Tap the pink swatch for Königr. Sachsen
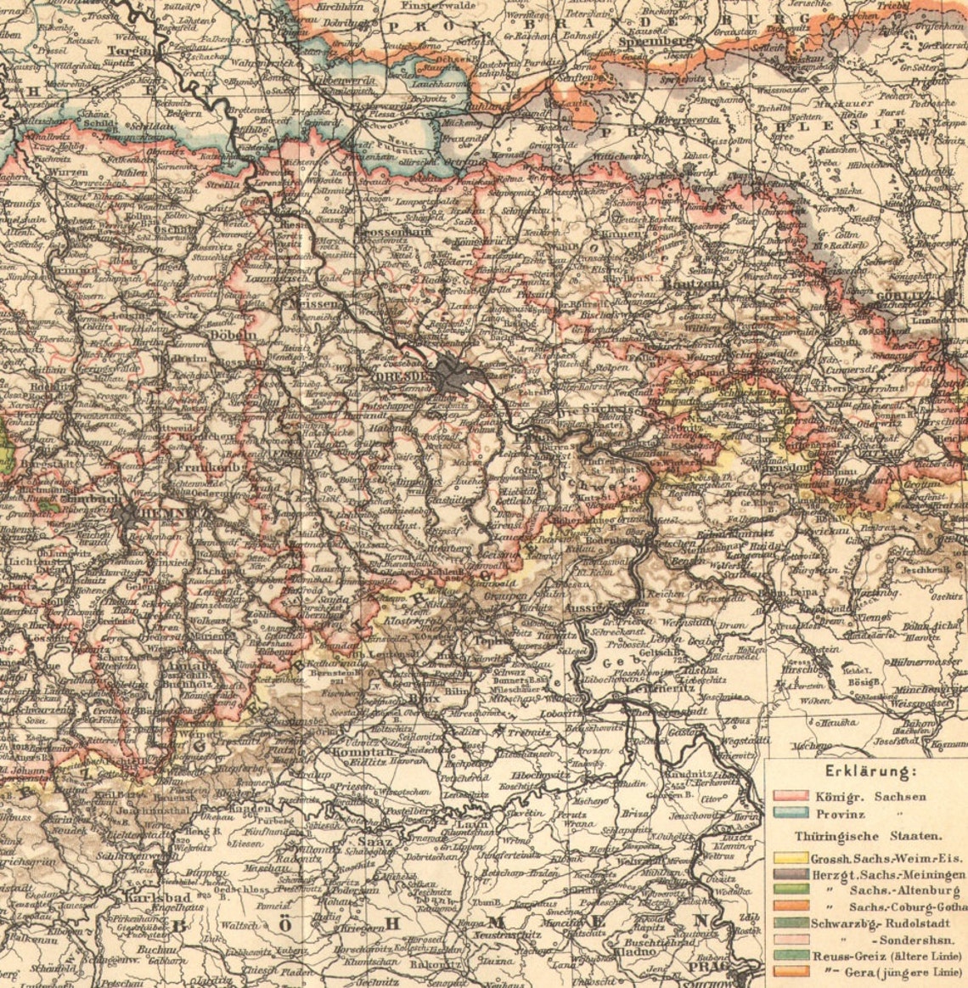(790, 797)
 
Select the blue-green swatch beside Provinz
(790, 814)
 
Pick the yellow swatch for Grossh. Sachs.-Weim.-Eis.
(790, 859)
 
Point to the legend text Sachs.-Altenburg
(904, 890)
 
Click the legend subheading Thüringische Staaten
(856, 836)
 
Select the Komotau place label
(363, 751)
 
